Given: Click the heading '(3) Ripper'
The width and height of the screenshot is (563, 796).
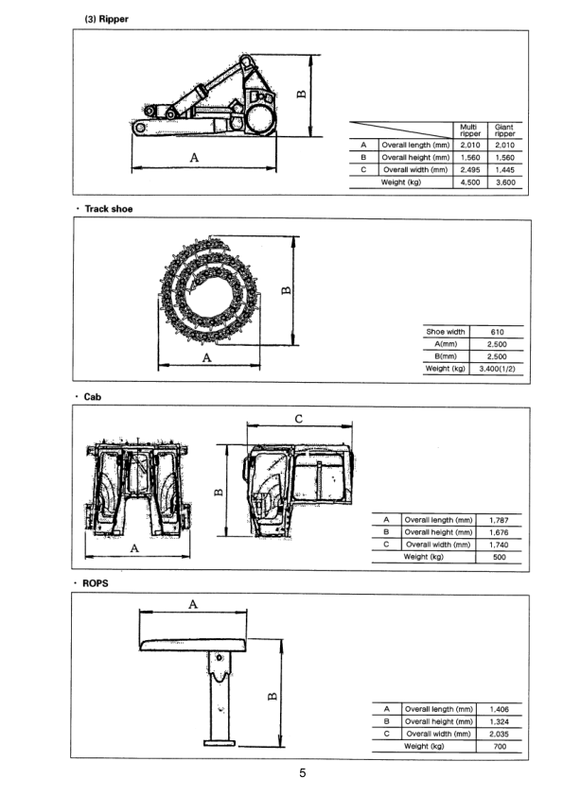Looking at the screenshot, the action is (106, 19).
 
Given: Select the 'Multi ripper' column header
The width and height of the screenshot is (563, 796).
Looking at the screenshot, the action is (470, 130).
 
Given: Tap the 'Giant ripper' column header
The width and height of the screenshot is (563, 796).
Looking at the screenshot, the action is (504, 130).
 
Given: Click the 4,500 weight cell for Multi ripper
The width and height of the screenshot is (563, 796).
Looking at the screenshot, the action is (470, 182).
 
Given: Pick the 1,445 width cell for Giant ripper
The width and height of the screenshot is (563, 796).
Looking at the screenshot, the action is (504, 170).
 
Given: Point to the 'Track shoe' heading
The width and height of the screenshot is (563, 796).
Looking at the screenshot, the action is (108, 209).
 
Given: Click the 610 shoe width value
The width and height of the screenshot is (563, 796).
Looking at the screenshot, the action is (497, 332).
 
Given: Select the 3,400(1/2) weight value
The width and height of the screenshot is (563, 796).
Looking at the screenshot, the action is (497, 369).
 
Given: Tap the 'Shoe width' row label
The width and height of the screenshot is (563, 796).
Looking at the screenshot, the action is (445, 332).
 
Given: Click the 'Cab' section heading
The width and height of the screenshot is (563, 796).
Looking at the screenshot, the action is (92, 397).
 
